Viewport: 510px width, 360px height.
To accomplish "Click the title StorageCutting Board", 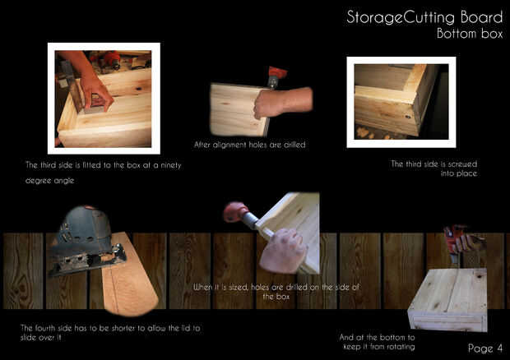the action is pos(424,17).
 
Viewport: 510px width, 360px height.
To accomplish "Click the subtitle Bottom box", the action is pos(470,34).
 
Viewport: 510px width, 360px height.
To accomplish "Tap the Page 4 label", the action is pos(485,348).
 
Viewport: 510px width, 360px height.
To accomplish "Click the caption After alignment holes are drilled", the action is pos(250,145).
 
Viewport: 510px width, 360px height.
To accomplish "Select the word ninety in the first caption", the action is pos(171,165).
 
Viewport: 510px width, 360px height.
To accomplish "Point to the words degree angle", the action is pos(49,181).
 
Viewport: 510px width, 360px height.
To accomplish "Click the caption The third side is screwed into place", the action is pos(434,168).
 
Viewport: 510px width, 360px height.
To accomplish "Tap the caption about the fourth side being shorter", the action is pos(110,332).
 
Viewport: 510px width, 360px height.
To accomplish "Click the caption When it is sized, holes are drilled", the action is pos(276,292).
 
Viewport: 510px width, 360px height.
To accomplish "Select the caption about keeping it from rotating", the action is pos(378,342).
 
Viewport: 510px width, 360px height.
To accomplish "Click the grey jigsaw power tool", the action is pos(86,241).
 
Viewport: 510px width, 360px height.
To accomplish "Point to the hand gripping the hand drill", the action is pos(283,250).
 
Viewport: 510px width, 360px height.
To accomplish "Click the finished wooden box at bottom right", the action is pos(447,299).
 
